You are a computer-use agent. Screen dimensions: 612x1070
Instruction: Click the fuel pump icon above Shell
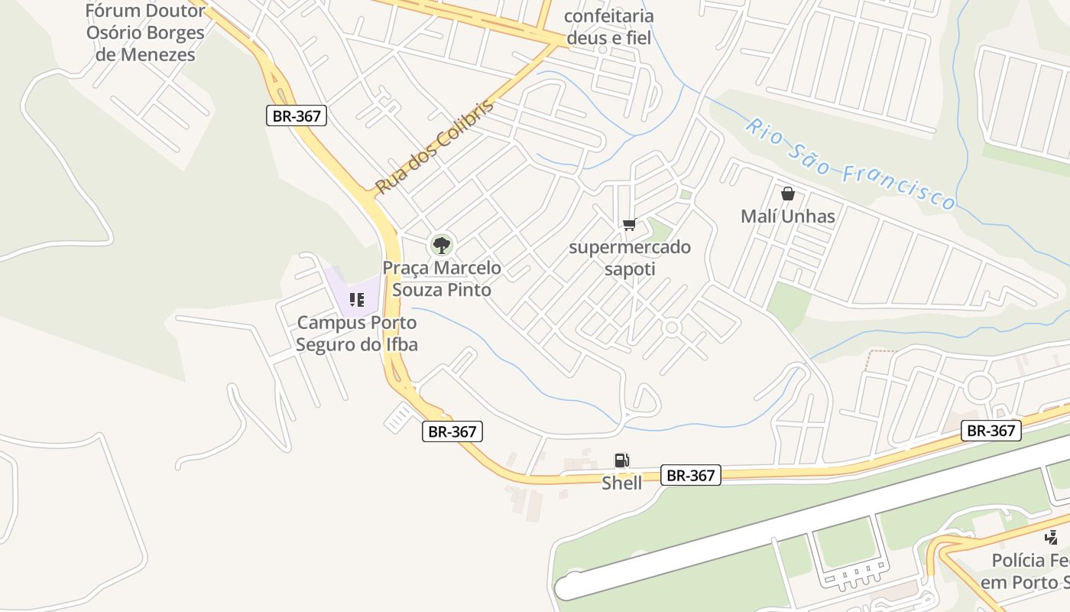[x=622, y=460]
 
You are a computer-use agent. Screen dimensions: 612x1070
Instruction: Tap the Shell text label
[x=622, y=483]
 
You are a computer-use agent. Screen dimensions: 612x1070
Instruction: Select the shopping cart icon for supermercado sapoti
[x=629, y=224]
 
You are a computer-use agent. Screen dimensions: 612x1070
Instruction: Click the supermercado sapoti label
[x=630, y=258]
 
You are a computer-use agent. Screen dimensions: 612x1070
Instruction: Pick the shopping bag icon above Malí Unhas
[x=788, y=194]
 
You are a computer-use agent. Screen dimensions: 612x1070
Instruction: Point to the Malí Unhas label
[x=788, y=216]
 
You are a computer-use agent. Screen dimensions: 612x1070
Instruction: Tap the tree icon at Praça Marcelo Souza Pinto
[x=441, y=246]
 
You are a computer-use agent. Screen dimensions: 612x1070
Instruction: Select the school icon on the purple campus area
[x=356, y=299]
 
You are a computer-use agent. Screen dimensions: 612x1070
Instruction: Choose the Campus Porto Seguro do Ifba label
[x=357, y=334]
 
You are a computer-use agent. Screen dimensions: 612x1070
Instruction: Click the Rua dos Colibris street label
[x=435, y=146]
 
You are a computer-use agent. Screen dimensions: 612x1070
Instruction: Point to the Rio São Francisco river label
[x=851, y=163]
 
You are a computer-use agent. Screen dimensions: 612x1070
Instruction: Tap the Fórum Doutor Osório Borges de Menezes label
[x=145, y=33]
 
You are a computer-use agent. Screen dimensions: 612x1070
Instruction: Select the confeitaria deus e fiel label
[x=609, y=27]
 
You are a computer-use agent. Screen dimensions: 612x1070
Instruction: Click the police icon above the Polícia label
[x=1052, y=537]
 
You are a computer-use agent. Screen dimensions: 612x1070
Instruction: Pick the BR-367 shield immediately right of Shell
[x=690, y=475]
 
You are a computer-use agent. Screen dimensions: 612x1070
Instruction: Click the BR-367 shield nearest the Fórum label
[x=297, y=116]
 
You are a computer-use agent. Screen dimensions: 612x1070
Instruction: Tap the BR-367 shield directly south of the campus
[x=452, y=431]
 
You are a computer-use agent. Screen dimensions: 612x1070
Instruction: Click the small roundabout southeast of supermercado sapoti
[x=672, y=327]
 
